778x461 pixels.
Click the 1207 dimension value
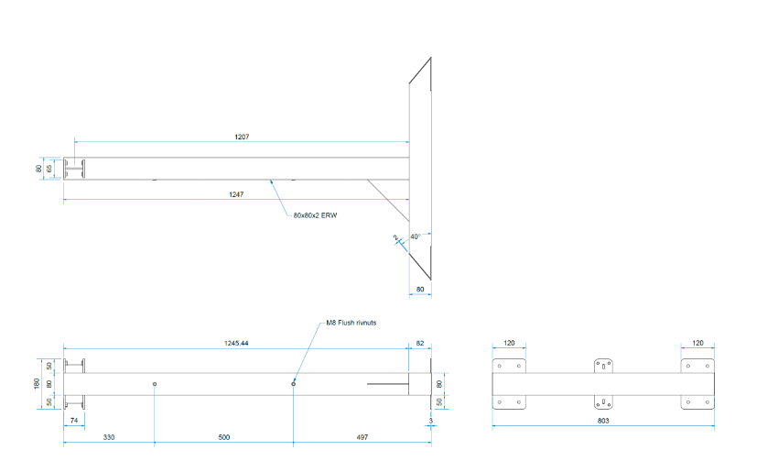coord(242,137)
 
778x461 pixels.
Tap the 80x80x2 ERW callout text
coord(316,214)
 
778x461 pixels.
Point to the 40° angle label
coord(415,236)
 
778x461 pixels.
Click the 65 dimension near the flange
coord(51,169)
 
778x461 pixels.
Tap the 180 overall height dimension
coord(38,383)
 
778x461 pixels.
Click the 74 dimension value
coord(73,421)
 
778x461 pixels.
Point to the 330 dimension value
coord(108,437)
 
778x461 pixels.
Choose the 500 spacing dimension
coord(223,437)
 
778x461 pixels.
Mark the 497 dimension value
coord(362,437)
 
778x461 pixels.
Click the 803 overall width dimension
coord(602,421)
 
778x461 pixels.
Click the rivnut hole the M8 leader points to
coord(293,383)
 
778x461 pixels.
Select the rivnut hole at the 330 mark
coord(155,383)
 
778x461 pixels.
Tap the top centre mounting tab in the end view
coord(603,365)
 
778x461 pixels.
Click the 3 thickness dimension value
coord(429,421)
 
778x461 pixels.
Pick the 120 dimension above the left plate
coord(509,343)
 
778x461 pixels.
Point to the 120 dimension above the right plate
coord(697,343)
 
